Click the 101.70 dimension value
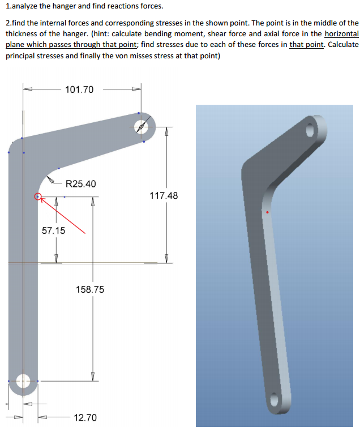(79, 89)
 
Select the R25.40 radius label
(81, 183)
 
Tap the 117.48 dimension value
(164, 196)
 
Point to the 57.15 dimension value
(54, 230)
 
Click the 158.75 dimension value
(90, 289)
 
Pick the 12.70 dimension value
(85, 418)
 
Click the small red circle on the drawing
(38, 197)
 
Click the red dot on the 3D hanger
(267, 212)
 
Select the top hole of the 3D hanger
(310, 129)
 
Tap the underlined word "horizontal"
(341, 33)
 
